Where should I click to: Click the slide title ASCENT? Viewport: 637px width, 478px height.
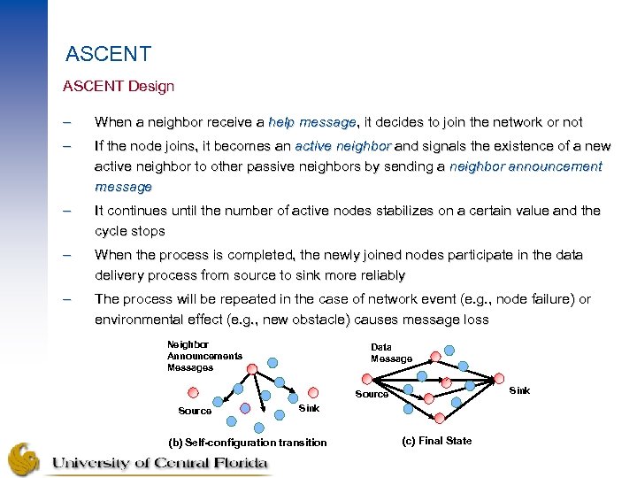[x=108, y=55]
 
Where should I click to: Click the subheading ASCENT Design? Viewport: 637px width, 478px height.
[x=119, y=87]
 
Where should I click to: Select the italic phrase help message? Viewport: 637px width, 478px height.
[x=311, y=122]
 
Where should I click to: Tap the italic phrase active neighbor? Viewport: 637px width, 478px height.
[x=343, y=145]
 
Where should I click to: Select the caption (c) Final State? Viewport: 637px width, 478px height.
[x=436, y=441]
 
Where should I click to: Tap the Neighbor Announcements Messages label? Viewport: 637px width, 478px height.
[x=204, y=356]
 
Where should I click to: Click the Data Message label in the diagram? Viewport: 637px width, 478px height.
[x=391, y=353]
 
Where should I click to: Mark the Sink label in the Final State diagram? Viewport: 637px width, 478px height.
[x=519, y=390]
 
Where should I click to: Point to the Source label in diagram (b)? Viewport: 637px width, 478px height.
[x=195, y=411]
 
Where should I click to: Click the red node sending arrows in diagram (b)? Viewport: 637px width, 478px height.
[x=251, y=369]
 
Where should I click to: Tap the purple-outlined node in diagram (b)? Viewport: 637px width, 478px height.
[x=245, y=408]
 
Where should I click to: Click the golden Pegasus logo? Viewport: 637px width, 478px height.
[x=24, y=459]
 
